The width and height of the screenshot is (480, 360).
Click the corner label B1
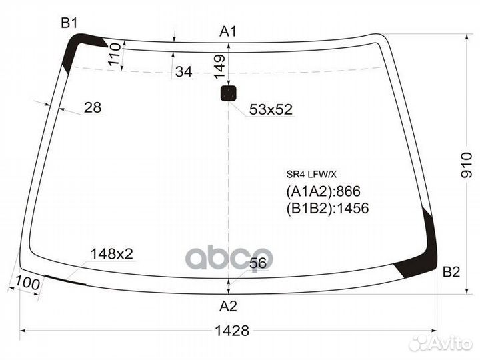pyautogui.click(x=69, y=23)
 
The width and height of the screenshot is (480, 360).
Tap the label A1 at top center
pyautogui.click(x=228, y=31)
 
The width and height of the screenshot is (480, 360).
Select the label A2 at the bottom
pyautogui.click(x=229, y=306)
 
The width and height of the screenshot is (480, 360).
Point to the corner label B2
pyautogui.click(x=451, y=272)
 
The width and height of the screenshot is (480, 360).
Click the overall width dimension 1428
pyautogui.click(x=232, y=331)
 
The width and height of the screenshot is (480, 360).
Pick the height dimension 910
pyautogui.click(x=467, y=165)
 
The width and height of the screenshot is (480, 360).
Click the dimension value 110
pyautogui.click(x=115, y=54)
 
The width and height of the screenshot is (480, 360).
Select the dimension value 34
pyautogui.click(x=184, y=71)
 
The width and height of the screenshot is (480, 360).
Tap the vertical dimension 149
pyautogui.click(x=219, y=67)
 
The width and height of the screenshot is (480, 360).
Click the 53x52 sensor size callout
pyautogui.click(x=271, y=109)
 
